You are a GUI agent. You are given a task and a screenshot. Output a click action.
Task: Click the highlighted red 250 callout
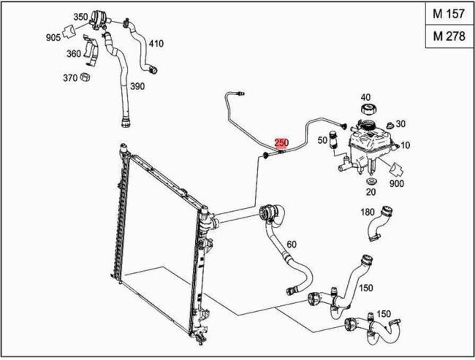(x=281, y=143)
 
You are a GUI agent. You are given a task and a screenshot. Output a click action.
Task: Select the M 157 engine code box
(x=449, y=14)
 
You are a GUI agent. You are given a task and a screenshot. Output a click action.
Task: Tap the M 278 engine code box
(x=449, y=36)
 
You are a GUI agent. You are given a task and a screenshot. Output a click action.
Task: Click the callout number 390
(x=137, y=86)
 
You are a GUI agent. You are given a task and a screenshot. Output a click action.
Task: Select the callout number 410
(x=156, y=43)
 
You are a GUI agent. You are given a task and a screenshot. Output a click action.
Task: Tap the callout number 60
(x=291, y=245)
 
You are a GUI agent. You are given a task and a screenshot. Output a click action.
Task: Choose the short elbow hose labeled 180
(x=380, y=223)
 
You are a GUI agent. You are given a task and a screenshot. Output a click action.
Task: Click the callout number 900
(x=397, y=183)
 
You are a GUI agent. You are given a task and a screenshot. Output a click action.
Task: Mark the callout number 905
(x=53, y=38)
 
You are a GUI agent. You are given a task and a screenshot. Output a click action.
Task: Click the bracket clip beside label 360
(x=91, y=52)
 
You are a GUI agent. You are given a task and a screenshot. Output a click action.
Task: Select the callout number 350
(x=80, y=17)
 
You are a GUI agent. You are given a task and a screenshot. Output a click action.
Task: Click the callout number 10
(x=405, y=145)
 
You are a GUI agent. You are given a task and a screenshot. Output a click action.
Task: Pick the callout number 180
(x=367, y=212)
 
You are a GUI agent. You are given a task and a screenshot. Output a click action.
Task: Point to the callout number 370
(x=70, y=78)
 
